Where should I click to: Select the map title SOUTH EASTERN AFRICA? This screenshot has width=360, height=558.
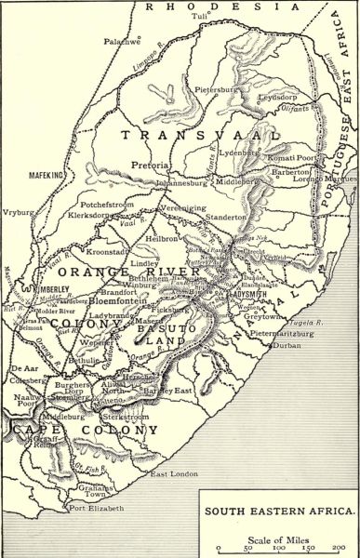[279, 511]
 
